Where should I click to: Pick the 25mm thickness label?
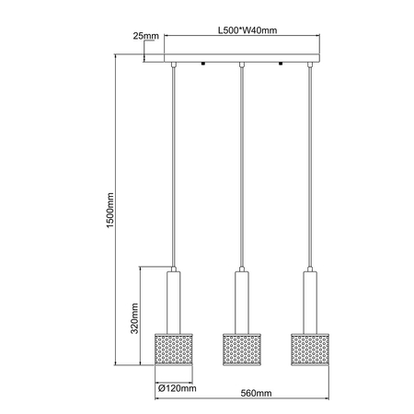[x=145, y=36]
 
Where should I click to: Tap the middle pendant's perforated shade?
[x=241, y=345]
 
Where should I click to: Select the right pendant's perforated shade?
[x=309, y=345]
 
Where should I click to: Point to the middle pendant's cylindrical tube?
[x=241, y=298]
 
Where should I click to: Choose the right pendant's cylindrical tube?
[x=309, y=298]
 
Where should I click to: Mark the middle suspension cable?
[x=241, y=166]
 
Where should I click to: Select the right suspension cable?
[x=309, y=166]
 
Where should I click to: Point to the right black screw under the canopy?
[x=282, y=66]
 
